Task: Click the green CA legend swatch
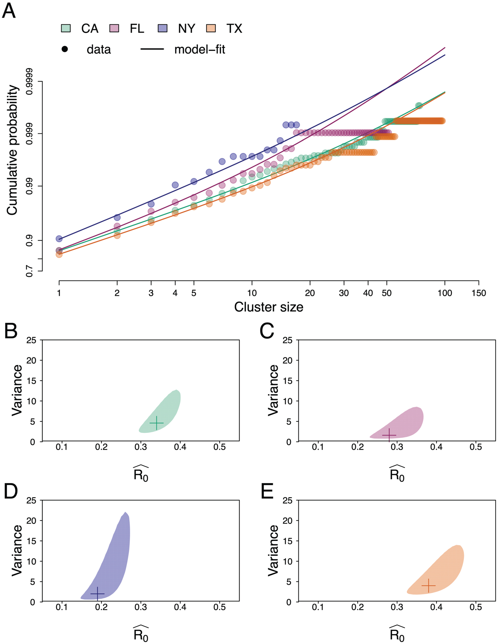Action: (x=66, y=28)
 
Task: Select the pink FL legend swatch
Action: (x=114, y=28)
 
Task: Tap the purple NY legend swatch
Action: (x=163, y=28)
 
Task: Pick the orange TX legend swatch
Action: (x=211, y=28)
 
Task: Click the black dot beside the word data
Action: (x=65, y=49)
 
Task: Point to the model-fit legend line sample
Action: (x=152, y=49)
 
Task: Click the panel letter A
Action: (x=9, y=11)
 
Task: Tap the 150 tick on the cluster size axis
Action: (x=479, y=293)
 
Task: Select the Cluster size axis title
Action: (x=269, y=307)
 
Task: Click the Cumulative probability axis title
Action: (x=12, y=150)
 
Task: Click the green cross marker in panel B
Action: (x=157, y=423)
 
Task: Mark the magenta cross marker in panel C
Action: (x=389, y=435)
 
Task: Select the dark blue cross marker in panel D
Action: (x=97, y=594)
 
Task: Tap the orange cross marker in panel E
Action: (x=429, y=586)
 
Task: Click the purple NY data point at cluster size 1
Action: (x=59, y=239)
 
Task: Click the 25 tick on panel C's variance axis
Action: (x=287, y=340)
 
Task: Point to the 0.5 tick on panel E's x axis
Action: (x=476, y=607)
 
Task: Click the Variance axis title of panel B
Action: (x=17, y=390)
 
